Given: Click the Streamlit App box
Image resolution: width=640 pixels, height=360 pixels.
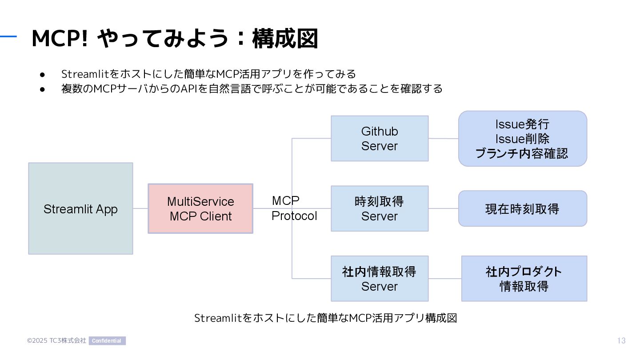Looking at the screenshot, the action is pyautogui.click(x=80, y=208).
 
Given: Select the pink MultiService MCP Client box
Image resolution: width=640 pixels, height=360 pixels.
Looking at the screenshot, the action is pyautogui.click(x=200, y=208).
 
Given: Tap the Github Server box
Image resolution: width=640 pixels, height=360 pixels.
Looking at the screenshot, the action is pyautogui.click(x=380, y=139).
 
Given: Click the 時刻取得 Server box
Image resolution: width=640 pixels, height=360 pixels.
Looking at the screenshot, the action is pyautogui.click(x=380, y=208).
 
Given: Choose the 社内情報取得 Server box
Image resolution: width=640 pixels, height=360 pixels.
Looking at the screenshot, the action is pyautogui.click(x=380, y=279).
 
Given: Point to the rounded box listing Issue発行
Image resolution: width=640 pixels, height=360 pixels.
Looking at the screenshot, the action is pyautogui.click(x=523, y=139).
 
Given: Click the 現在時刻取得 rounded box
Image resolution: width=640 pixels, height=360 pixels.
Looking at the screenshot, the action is pyautogui.click(x=523, y=208).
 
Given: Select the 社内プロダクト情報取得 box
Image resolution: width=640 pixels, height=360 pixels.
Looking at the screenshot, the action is pyautogui.click(x=524, y=279).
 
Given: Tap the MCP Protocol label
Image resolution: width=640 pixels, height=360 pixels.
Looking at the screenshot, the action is pyautogui.click(x=294, y=208).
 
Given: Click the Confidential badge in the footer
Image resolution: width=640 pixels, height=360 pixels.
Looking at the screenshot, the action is pyautogui.click(x=107, y=340).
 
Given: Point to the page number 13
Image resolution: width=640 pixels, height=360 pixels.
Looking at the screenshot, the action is pyautogui.click(x=621, y=340).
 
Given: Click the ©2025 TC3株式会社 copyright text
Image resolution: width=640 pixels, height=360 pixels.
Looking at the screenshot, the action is pyautogui.click(x=56, y=340).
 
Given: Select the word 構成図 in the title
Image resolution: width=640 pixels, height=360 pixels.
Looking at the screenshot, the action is pyautogui.click(x=285, y=39).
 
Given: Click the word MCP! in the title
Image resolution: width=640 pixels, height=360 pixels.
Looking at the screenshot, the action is pyautogui.click(x=60, y=39).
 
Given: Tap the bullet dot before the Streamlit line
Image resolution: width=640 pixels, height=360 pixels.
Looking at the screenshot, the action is pyautogui.click(x=42, y=75).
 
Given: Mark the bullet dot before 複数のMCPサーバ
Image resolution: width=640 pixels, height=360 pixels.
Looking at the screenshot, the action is pyautogui.click(x=42, y=89).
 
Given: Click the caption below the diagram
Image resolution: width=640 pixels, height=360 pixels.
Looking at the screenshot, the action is pyautogui.click(x=326, y=318).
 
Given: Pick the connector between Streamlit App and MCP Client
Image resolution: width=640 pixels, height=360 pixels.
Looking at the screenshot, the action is pyautogui.click(x=140, y=208).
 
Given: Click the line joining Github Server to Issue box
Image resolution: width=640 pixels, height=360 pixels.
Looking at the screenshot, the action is pyautogui.click(x=444, y=139).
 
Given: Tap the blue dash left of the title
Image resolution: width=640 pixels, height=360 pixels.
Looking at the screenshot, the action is pyautogui.click(x=8, y=36).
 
